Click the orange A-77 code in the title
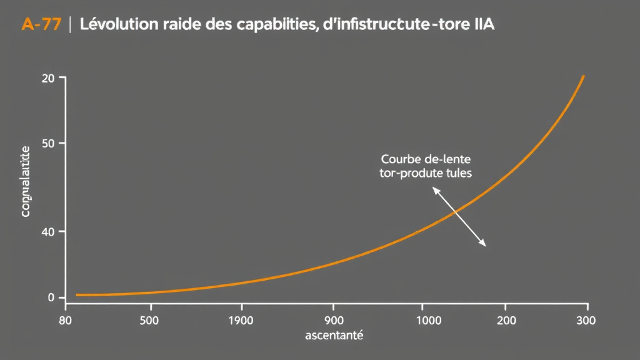click(x=41, y=26)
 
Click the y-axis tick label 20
click(x=48, y=78)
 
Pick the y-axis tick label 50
click(x=48, y=144)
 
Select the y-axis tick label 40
click(x=48, y=232)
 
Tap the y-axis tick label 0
click(x=52, y=298)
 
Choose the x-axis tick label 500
click(x=150, y=321)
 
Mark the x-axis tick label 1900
click(x=241, y=321)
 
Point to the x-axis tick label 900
click(x=333, y=321)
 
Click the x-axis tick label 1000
click(x=422, y=321)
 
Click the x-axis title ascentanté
click(x=334, y=336)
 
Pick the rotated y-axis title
click(x=26, y=181)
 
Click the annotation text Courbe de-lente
click(x=426, y=159)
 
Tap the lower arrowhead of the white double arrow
click(x=484, y=244)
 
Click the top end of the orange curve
click(x=583, y=77)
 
